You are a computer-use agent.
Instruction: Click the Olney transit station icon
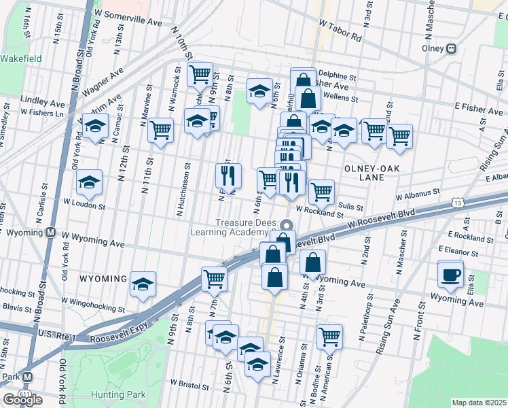(451, 48)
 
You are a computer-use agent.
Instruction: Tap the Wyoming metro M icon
(50, 233)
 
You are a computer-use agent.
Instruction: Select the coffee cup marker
(452, 275)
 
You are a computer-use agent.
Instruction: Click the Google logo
(22, 400)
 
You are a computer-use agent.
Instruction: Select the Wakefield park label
(21, 58)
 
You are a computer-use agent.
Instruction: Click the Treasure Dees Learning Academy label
(247, 228)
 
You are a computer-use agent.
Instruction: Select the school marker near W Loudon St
(89, 183)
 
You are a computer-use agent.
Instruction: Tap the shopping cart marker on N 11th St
(160, 129)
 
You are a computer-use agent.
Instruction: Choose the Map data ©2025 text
(479, 403)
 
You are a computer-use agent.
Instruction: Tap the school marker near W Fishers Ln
(96, 126)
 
